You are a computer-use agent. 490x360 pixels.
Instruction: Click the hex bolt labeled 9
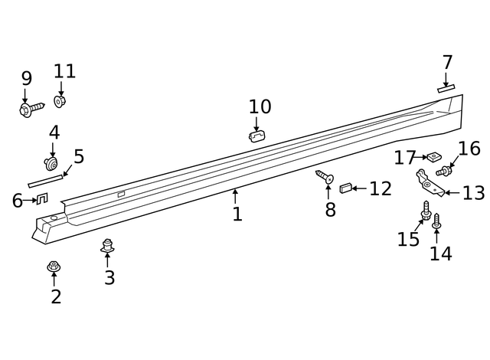pyautogui.click(x=31, y=109)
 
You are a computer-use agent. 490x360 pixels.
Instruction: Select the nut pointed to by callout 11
pyautogui.click(x=60, y=101)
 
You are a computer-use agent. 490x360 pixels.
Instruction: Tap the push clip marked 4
pyautogui.click(x=51, y=164)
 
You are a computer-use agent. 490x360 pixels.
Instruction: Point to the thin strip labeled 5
pyautogui.click(x=45, y=182)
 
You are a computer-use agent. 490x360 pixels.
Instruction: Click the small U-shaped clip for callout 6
pyautogui.click(x=42, y=198)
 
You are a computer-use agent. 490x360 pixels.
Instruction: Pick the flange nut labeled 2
pyautogui.click(x=54, y=267)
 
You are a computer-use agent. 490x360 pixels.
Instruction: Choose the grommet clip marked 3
pyautogui.click(x=107, y=246)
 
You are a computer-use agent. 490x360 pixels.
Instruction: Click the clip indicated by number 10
pyautogui.click(x=257, y=136)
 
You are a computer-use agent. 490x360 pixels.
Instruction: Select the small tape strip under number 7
pyautogui.click(x=446, y=88)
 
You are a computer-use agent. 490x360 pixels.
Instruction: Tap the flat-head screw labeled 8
pyautogui.click(x=325, y=177)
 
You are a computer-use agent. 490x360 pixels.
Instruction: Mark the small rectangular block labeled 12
pyautogui.click(x=345, y=188)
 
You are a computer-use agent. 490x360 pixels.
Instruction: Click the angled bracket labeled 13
pyautogui.click(x=430, y=183)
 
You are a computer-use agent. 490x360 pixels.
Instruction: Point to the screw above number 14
pyautogui.click(x=436, y=221)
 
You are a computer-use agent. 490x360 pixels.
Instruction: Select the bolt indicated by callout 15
pyautogui.click(x=426, y=211)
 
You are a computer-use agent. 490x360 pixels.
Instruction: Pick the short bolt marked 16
pyautogui.click(x=444, y=171)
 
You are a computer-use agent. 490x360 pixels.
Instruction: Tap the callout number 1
pyautogui.click(x=237, y=214)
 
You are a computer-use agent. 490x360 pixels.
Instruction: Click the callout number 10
pyautogui.click(x=260, y=106)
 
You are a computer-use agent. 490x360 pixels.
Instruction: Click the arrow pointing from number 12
pyautogui.click(x=359, y=188)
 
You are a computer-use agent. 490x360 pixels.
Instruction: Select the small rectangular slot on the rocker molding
pyautogui.click(x=121, y=194)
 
